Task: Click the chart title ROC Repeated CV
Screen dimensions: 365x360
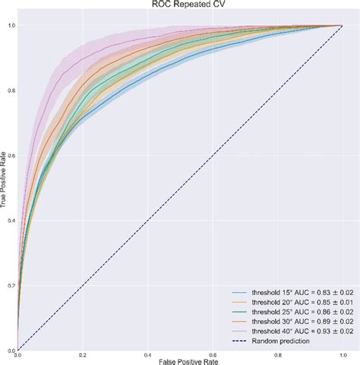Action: (x=179, y=5)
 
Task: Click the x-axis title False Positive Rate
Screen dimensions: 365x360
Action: (x=179, y=360)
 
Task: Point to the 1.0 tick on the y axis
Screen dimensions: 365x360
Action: (x=11, y=25)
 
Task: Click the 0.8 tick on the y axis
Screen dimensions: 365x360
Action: (x=11, y=90)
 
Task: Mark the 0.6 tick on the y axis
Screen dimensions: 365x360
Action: (x=11, y=156)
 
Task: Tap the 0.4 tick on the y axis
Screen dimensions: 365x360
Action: (x=11, y=221)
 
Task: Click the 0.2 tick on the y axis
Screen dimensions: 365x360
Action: (x=11, y=286)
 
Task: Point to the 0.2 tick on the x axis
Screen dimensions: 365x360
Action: (x=82, y=354)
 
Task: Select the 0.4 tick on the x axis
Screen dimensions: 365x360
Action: (x=147, y=354)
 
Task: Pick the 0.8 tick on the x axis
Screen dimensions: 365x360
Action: (x=276, y=354)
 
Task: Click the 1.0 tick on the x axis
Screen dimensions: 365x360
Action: (x=341, y=354)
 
